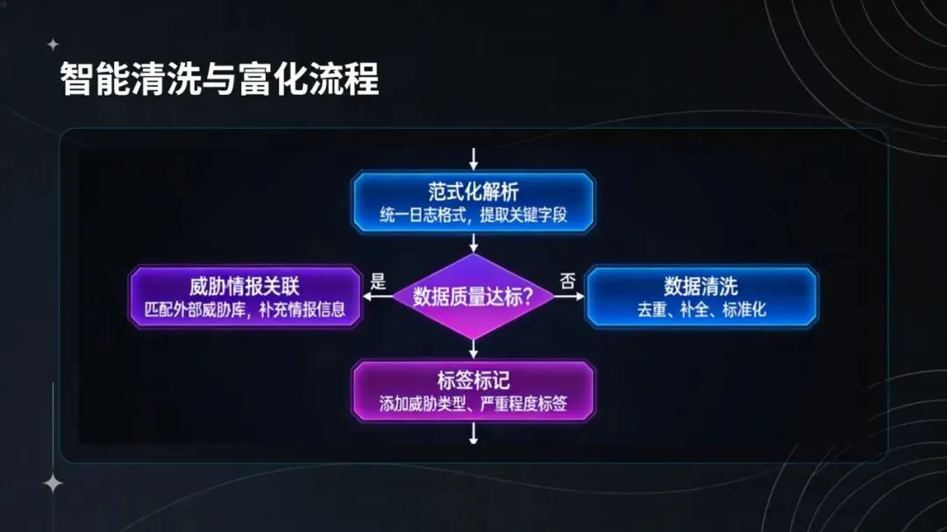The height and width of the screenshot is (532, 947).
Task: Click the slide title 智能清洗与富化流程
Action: pos(219,80)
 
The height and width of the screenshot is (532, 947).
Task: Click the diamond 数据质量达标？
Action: pos(473,297)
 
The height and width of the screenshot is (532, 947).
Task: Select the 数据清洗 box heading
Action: pos(701,287)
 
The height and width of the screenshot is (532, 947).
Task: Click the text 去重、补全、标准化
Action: pos(701,309)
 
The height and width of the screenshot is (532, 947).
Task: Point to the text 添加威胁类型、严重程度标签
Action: pos(473,404)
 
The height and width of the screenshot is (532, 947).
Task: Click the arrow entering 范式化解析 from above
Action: pos(473,160)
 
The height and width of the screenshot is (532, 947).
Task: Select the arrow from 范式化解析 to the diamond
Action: pos(473,242)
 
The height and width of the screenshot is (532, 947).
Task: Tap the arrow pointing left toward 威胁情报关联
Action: pos(378,297)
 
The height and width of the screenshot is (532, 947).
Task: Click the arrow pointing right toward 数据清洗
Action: pos(570,297)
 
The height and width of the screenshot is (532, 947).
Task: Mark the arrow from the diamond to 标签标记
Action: pos(473,349)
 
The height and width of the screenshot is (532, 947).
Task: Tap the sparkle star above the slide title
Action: pos(53,44)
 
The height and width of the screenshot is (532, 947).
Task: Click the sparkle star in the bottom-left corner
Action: pos(53,483)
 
